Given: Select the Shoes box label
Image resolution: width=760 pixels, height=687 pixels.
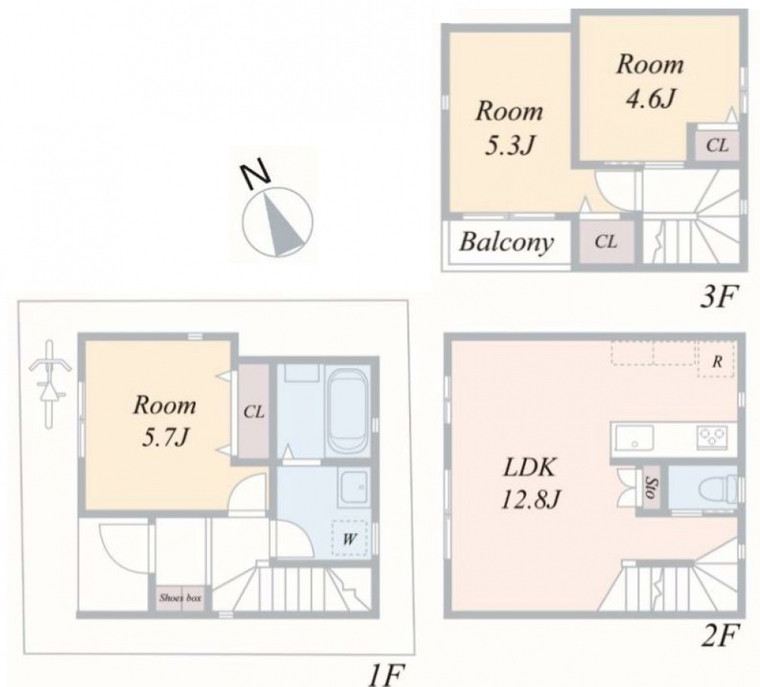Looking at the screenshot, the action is pyautogui.click(x=180, y=598).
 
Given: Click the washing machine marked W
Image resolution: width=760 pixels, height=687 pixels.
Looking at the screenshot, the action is pyautogui.click(x=349, y=538).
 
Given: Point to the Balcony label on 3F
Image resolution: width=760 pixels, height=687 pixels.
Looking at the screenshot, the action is pyautogui.click(x=506, y=242).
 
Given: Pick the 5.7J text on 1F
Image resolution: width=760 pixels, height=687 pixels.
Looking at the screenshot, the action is pyautogui.click(x=164, y=438).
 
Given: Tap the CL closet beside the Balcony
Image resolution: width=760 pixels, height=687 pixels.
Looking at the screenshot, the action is pyautogui.click(x=606, y=241).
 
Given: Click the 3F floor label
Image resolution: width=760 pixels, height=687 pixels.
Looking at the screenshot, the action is pyautogui.click(x=718, y=296).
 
